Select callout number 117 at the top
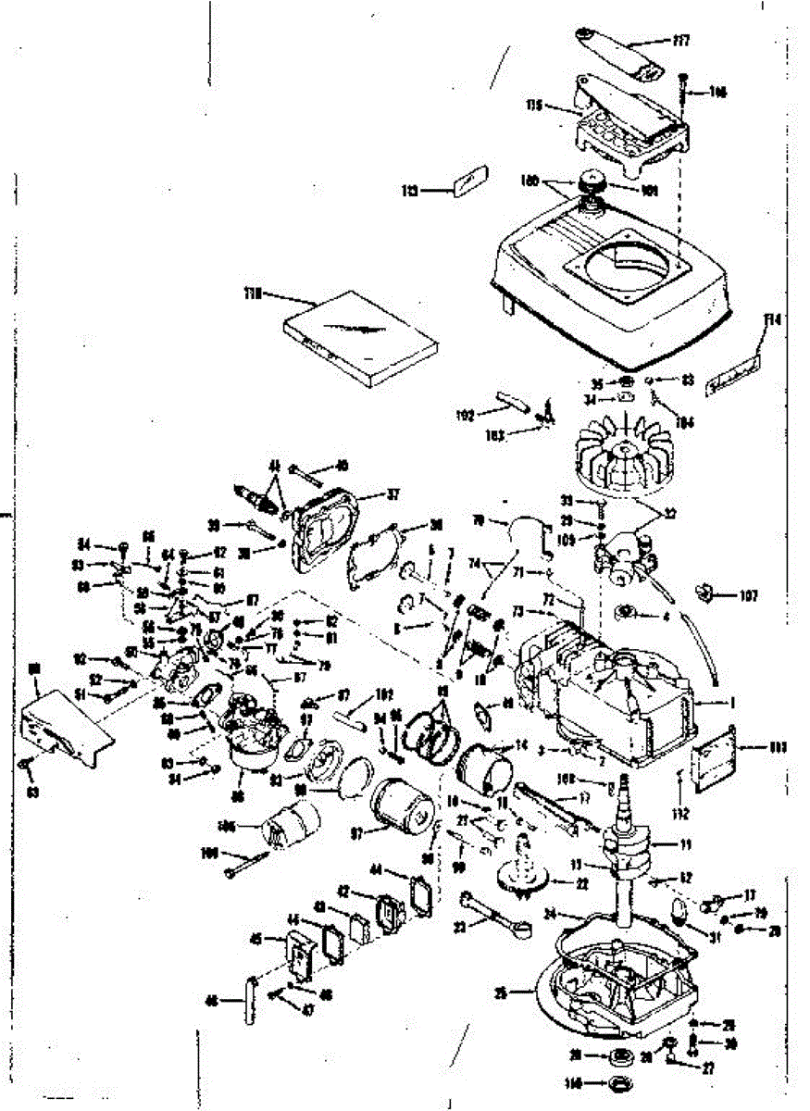(683, 41)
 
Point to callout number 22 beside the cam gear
(581, 883)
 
